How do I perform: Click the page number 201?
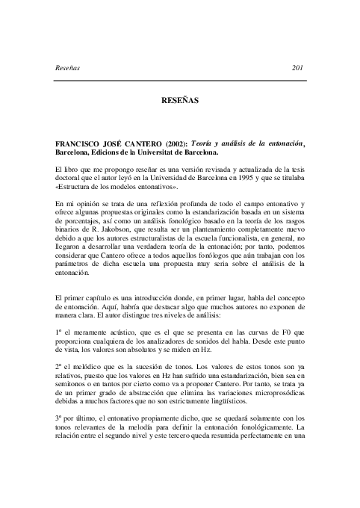click(x=300, y=68)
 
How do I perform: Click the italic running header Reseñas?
click(x=69, y=68)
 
